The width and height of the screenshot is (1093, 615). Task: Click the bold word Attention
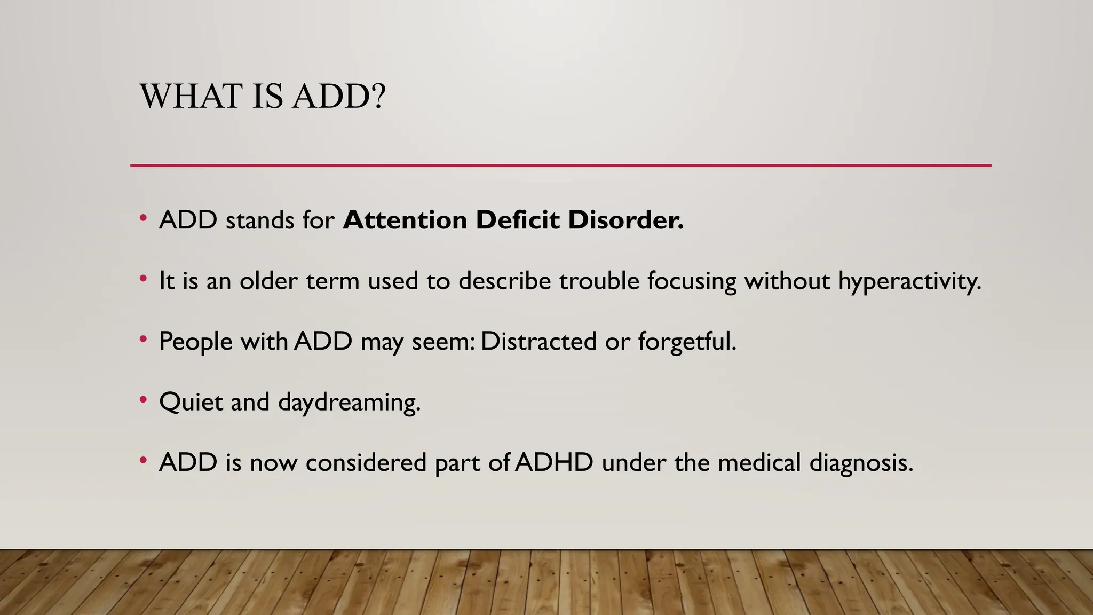[x=405, y=220]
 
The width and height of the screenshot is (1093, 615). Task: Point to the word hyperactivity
[x=909, y=281]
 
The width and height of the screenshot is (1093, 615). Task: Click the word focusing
[x=692, y=281]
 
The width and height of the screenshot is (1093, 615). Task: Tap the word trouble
[x=599, y=281]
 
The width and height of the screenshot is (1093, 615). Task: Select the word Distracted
[x=538, y=341]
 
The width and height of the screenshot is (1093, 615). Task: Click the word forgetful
[x=687, y=341]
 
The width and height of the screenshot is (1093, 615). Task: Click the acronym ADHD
[x=554, y=462]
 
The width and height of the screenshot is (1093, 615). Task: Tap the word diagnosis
[x=861, y=462]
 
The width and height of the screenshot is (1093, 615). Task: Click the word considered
[x=366, y=462]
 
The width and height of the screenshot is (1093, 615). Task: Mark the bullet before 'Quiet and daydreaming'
[x=143, y=399]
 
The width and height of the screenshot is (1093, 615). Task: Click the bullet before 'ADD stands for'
[x=143, y=218]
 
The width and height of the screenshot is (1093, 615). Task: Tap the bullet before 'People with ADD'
[x=143, y=339]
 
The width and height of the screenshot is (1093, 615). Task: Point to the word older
[x=268, y=281]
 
